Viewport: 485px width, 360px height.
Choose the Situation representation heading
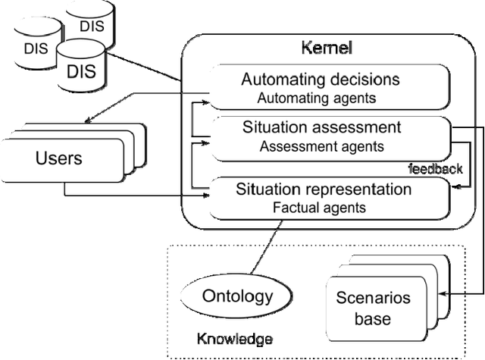(323, 187)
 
